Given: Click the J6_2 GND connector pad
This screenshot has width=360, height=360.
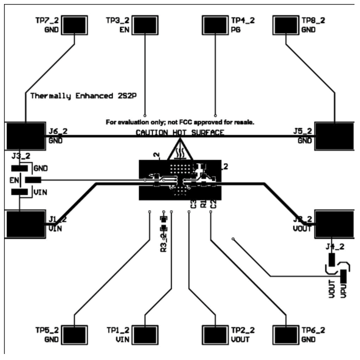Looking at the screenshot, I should pos(25,136).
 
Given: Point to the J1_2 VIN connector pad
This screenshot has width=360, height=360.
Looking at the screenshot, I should pos(25,223).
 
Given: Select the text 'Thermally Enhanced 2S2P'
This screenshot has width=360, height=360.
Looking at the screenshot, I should pos(79,95).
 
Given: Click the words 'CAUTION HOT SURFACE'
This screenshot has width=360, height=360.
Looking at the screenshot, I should pos(180,133).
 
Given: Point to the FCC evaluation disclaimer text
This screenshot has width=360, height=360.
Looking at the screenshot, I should pos(180,122).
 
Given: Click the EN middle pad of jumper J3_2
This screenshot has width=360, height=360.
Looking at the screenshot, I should pos(33,180).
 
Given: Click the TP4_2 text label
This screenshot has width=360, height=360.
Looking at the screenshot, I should pos(243,21).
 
